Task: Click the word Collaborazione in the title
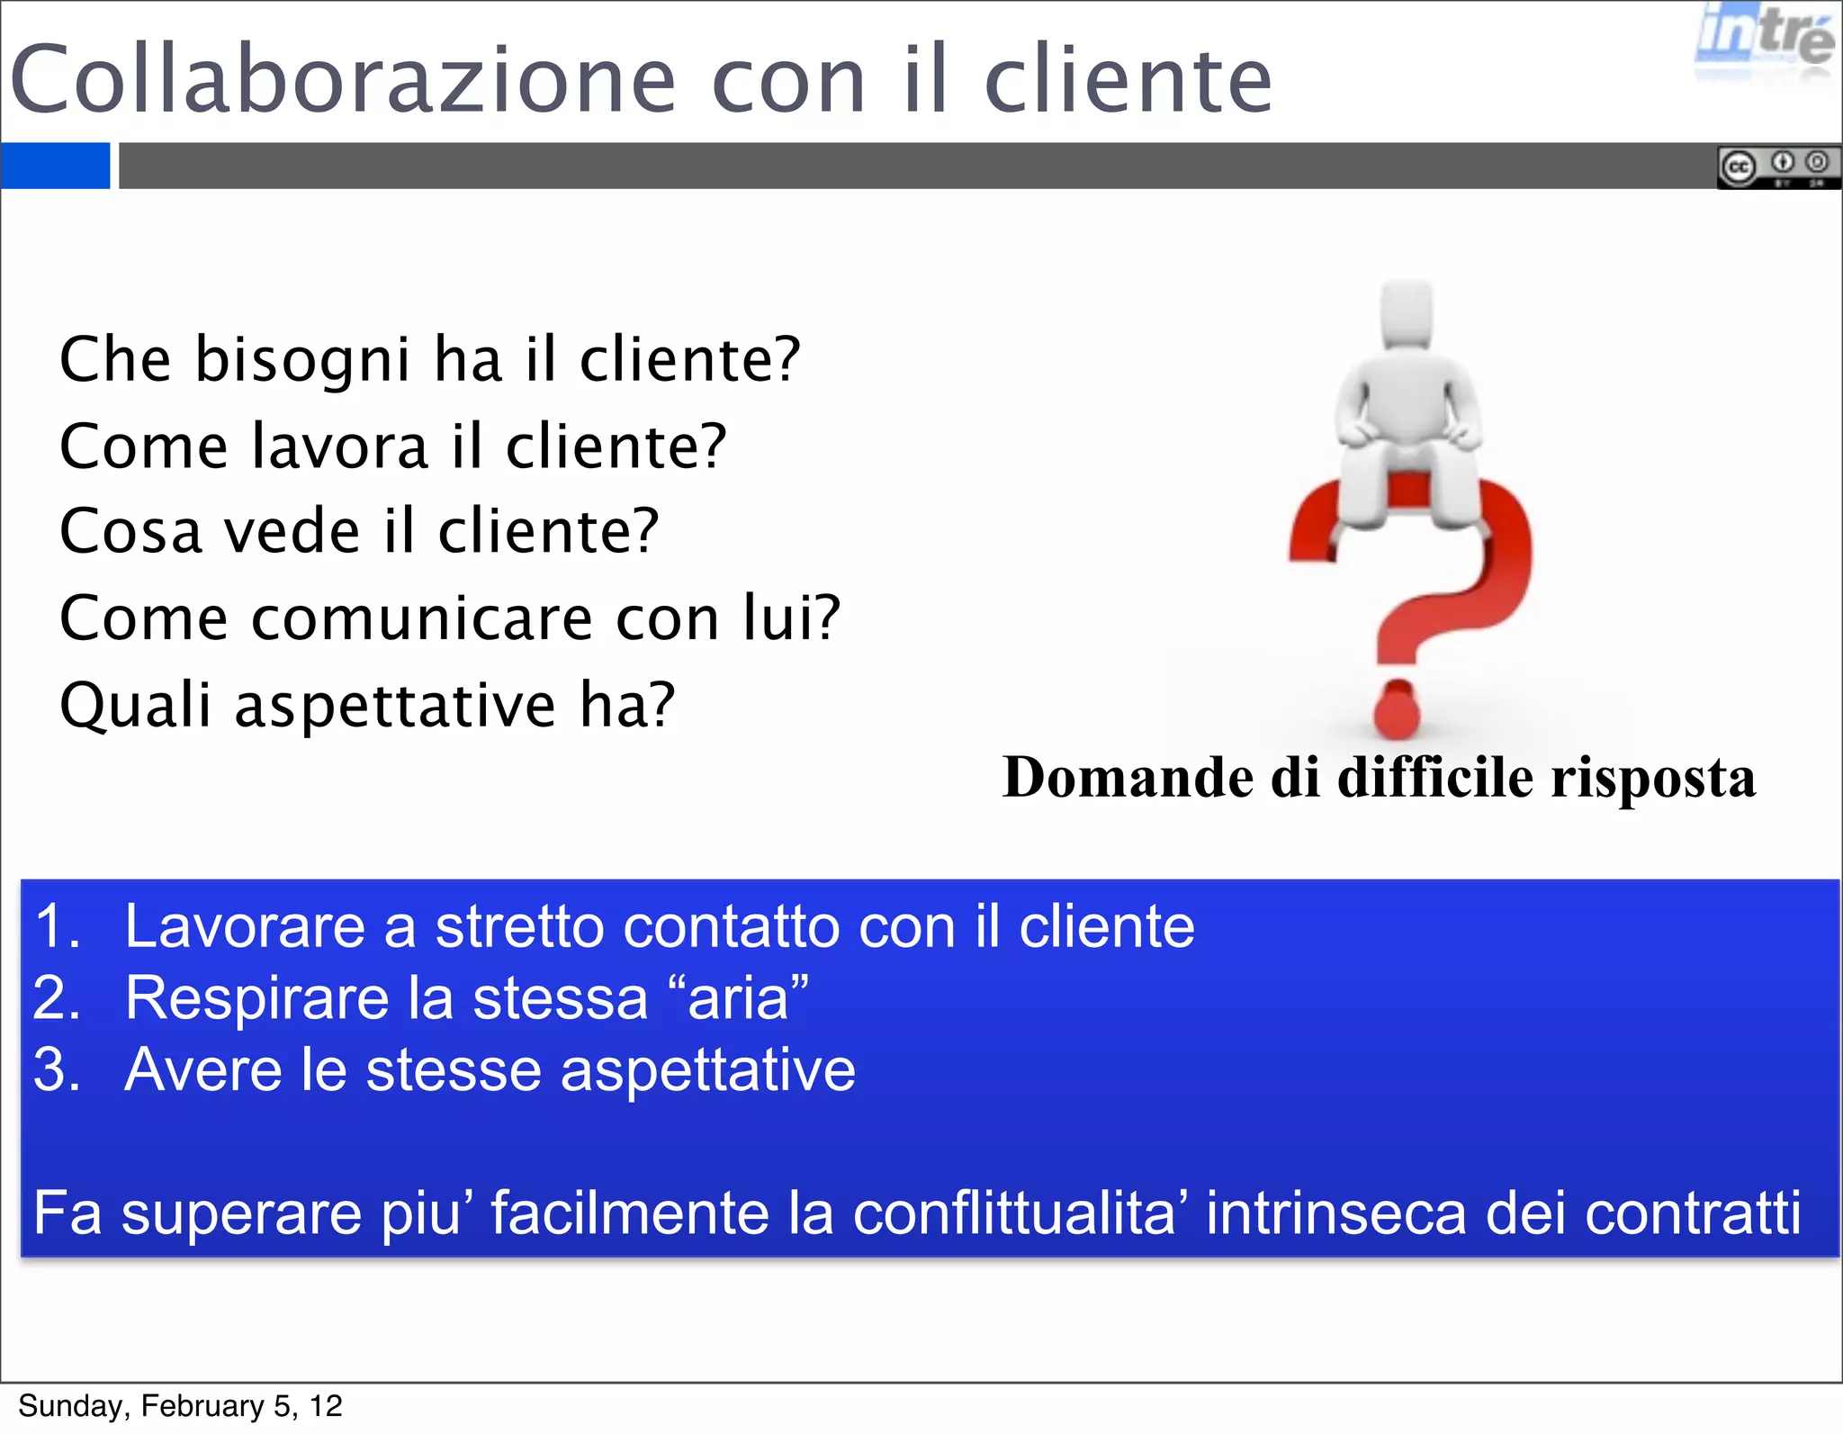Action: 342,81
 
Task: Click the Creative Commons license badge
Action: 1778,167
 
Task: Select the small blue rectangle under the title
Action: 55,166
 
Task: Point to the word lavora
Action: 339,446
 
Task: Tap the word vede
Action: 292,531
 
